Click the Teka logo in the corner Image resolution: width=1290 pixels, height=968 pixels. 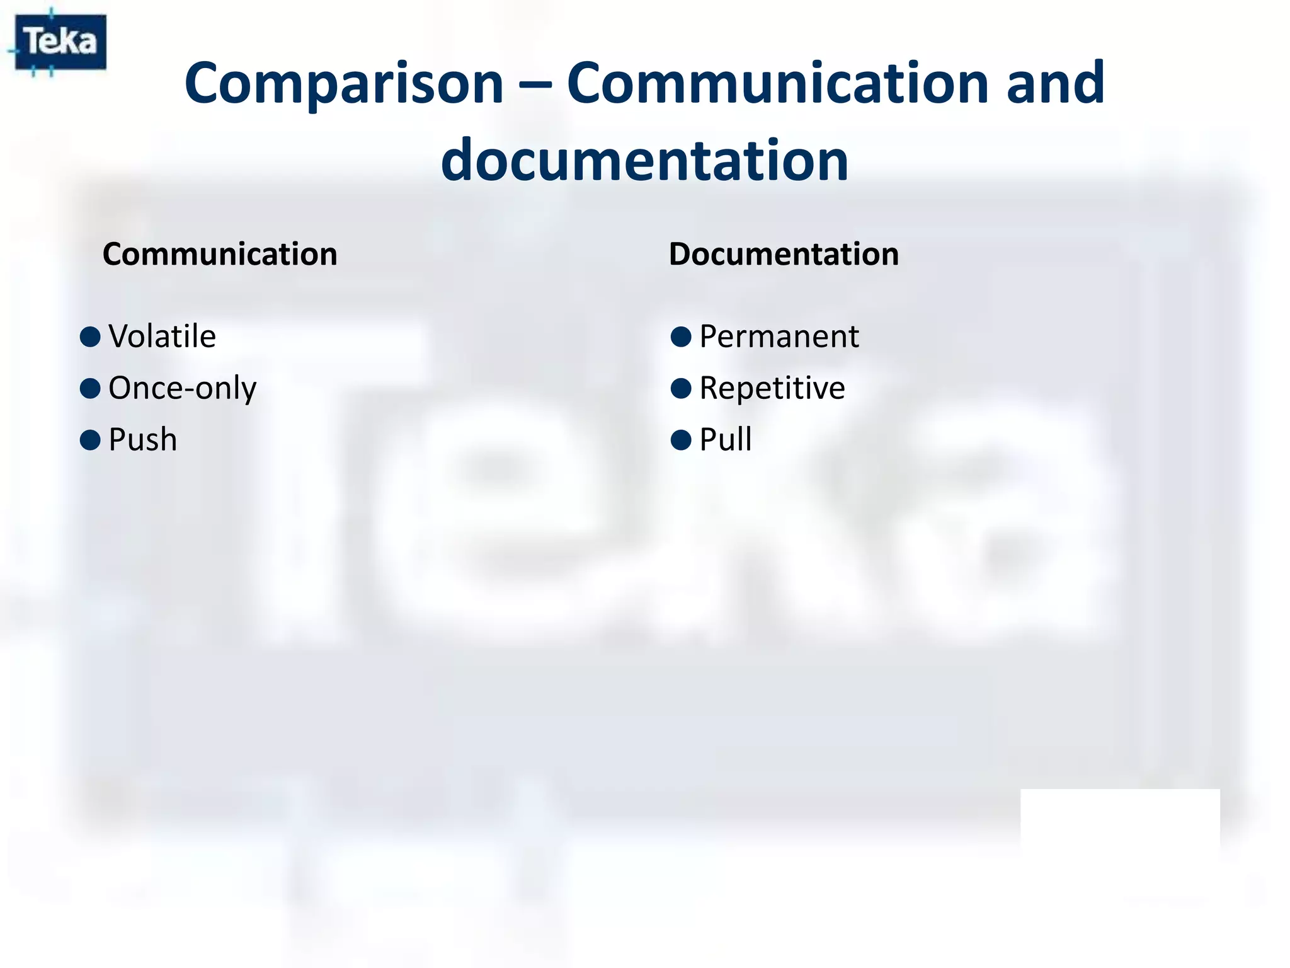[60, 42]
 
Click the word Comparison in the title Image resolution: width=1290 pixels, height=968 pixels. [344, 84]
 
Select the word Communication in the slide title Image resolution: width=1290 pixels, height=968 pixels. [778, 84]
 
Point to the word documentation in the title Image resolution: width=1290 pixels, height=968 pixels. [644, 161]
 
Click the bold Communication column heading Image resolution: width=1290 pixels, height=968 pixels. [220, 255]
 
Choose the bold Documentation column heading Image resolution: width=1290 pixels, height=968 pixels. [784, 255]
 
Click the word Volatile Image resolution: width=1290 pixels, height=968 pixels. [162, 336]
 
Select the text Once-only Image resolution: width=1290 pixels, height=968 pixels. [182, 388]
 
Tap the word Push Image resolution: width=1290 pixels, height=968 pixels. [142, 439]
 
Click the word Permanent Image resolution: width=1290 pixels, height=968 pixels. [779, 336]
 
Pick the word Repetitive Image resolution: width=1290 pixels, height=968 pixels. [772, 388]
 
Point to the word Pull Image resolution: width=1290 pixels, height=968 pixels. [726, 439]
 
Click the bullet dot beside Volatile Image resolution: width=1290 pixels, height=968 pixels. [90, 337]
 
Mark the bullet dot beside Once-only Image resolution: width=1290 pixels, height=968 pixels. [90, 388]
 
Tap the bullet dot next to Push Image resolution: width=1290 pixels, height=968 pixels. [90, 440]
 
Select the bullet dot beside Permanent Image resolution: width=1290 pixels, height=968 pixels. [681, 337]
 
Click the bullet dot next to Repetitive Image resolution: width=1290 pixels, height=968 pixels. [681, 388]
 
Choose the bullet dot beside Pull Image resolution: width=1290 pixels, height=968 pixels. [681, 440]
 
